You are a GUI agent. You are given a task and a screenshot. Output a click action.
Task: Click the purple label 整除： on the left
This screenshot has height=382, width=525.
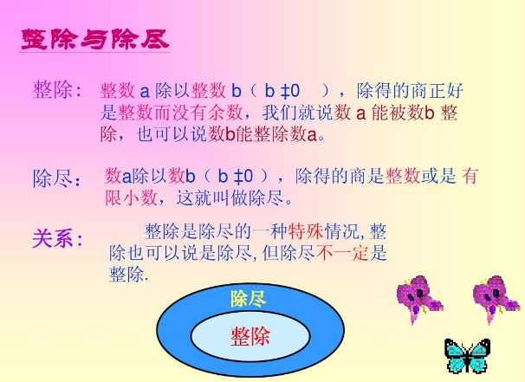pyautogui.click(x=58, y=90)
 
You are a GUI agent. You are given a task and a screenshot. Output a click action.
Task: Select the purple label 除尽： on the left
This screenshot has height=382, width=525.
pyautogui.click(x=58, y=179)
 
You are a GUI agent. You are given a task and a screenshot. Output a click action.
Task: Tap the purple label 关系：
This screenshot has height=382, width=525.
pyautogui.click(x=58, y=238)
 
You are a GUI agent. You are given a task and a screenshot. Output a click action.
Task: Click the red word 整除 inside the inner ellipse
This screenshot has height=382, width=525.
pyautogui.click(x=250, y=336)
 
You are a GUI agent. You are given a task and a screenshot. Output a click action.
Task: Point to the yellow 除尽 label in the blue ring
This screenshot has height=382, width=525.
pyautogui.click(x=248, y=299)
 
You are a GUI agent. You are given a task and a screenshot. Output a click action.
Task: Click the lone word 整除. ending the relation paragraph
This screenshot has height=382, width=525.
pyautogui.click(x=129, y=275)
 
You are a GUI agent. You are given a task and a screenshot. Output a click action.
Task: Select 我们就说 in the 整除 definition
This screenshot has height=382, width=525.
pyautogui.click(x=295, y=113)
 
